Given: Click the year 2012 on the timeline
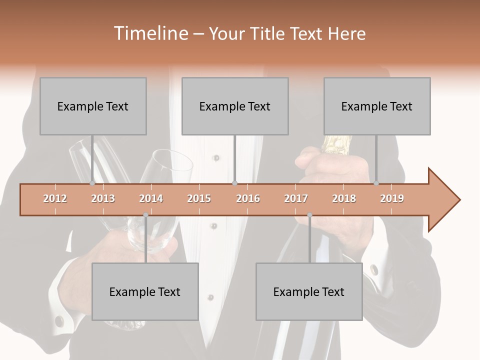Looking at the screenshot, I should [x=55, y=198].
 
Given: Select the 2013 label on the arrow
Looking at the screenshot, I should [x=103, y=198].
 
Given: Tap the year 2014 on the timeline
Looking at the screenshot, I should [x=151, y=198].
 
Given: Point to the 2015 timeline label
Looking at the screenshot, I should [x=199, y=198].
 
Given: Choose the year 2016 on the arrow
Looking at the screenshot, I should [x=248, y=198].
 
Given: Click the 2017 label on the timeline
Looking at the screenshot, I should [x=296, y=198].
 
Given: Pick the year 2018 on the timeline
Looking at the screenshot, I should [x=344, y=198].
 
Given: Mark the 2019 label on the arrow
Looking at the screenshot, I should [x=392, y=198].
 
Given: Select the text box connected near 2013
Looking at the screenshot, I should [x=93, y=106].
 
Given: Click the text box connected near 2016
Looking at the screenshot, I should [x=235, y=106].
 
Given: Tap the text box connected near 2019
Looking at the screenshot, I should [x=377, y=106].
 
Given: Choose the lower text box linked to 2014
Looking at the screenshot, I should [x=145, y=291].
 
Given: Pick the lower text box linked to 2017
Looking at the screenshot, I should [x=309, y=291].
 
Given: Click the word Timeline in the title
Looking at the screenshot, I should [x=150, y=33].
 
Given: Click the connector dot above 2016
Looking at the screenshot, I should [x=235, y=183].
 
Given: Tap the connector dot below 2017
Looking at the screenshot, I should [x=309, y=215].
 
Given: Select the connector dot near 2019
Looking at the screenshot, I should [x=376, y=183].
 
